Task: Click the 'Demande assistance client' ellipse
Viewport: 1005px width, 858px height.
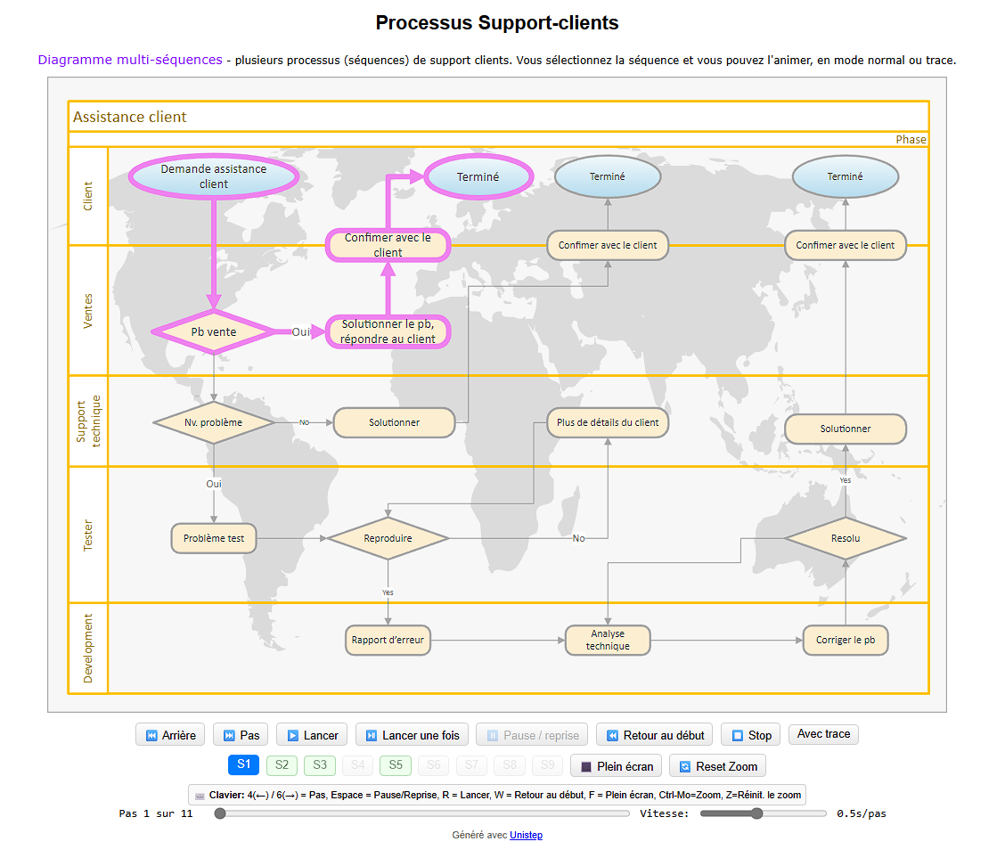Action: [x=214, y=176]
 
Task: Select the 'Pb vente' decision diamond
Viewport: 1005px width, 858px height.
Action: [x=214, y=331]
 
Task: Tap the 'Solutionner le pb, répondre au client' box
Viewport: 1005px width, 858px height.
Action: [x=388, y=331]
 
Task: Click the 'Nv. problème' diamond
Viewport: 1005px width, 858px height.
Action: [x=214, y=422]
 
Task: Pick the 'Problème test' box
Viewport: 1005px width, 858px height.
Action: [x=214, y=538]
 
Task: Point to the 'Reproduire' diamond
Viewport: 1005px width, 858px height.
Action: [x=388, y=538]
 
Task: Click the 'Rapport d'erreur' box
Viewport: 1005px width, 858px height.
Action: [x=388, y=640]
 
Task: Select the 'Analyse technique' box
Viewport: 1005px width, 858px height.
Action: [x=608, y=640]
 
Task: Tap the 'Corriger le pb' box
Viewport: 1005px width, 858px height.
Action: [x=845, y=640]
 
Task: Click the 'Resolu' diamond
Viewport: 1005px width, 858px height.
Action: [x=845, y=538]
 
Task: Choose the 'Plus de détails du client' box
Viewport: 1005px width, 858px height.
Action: [x=608, y=422]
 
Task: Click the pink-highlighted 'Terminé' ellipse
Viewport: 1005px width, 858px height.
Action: [x=478, y=176]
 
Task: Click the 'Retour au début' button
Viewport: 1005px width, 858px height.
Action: [x=655, y=735]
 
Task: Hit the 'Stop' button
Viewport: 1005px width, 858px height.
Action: [x=750, y=735]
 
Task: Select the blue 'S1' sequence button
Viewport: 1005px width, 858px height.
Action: [x=244, y=764]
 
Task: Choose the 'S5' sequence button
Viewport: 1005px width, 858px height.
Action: [x=396, y=764]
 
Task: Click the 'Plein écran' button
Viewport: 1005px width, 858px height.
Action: [x=617, y=766]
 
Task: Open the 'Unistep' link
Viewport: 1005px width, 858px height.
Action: [x=526, y=835]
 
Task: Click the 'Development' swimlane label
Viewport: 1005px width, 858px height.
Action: [x=87, y=648]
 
